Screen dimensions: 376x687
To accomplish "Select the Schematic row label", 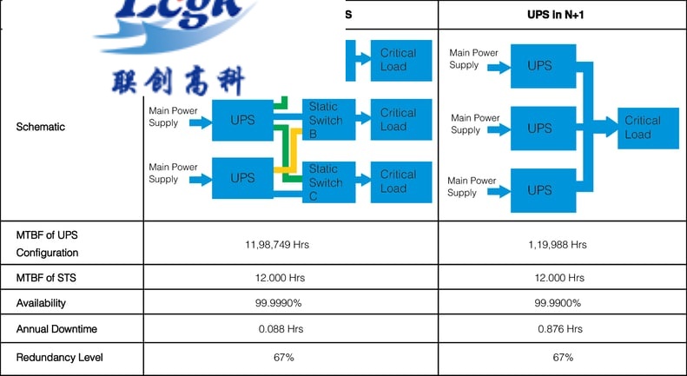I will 40,127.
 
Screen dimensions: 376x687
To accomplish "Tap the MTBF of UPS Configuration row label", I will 47,244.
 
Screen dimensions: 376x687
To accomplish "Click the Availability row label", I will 41,303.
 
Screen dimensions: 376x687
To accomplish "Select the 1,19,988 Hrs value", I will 557,245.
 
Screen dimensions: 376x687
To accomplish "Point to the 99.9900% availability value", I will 557,303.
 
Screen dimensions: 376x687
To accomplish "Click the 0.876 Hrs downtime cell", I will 557,329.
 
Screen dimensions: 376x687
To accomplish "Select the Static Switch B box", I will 327,121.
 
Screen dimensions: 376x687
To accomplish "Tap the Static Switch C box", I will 327,182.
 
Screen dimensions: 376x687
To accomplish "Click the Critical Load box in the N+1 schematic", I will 643,128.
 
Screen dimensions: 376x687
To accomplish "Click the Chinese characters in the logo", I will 178,81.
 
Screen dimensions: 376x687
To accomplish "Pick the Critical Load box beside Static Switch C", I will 399,181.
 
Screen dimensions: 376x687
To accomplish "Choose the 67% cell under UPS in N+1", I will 562,357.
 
